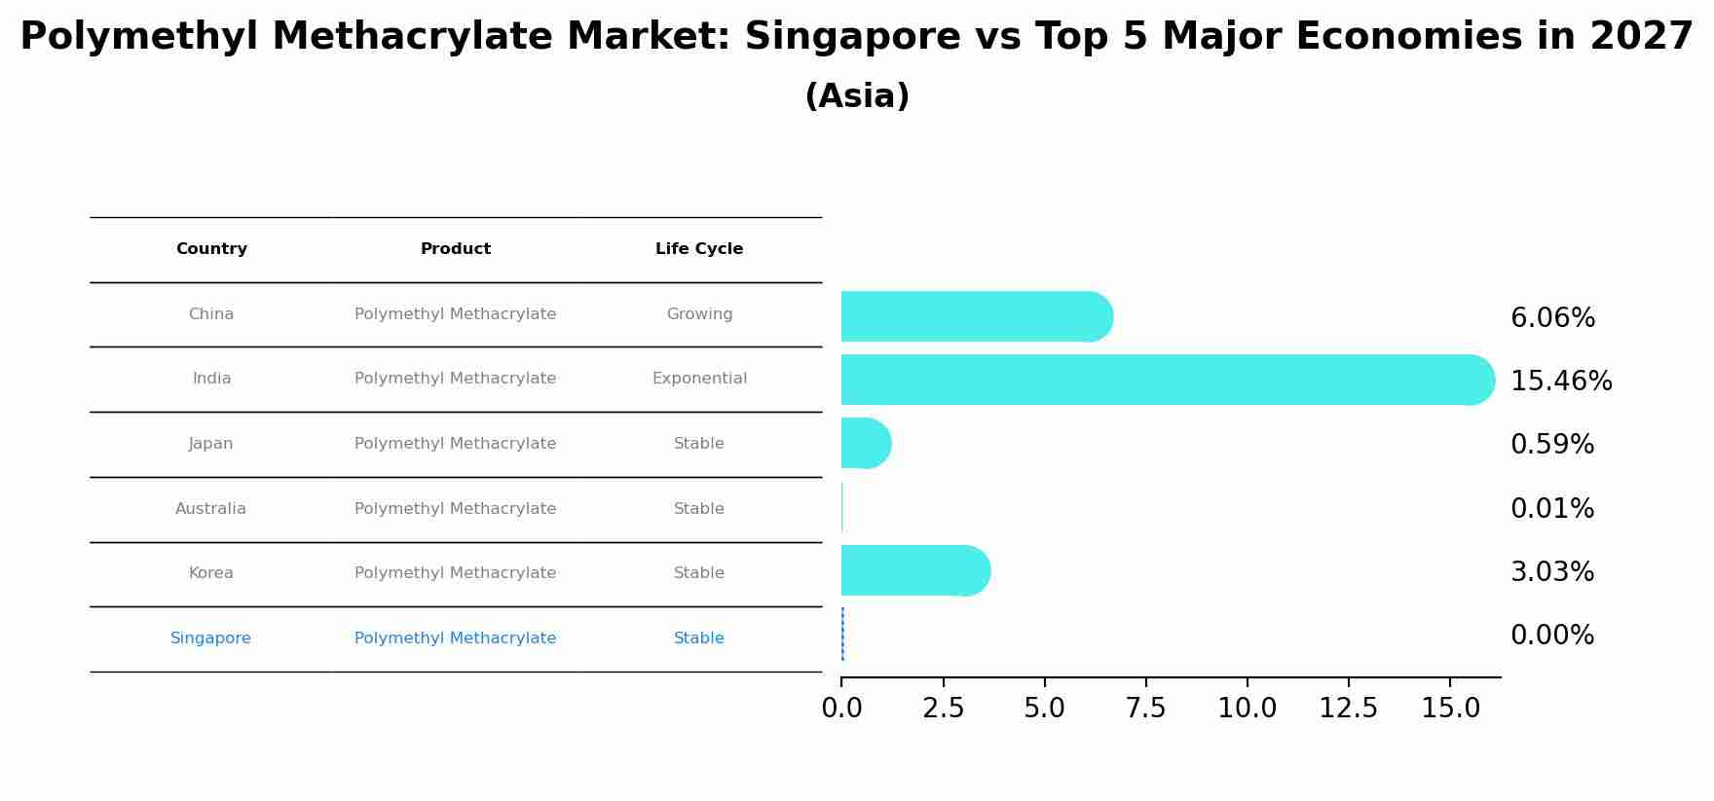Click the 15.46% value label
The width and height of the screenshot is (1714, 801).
coord(1560,382)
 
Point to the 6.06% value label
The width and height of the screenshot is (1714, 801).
coord(1551,318)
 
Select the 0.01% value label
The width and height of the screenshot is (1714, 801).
coord(1551,509)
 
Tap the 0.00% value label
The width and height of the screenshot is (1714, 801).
coord(1551,636)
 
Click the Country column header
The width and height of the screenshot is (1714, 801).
coord(211,249)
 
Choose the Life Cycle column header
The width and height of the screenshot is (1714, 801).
coord(698,249)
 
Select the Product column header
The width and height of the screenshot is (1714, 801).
coord(455,249)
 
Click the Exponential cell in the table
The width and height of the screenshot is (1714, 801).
coord(698,379)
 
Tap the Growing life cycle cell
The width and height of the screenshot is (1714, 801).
coord(698,314)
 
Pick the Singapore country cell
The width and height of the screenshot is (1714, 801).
coord(210,638)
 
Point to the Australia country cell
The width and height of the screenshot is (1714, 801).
coord(210,509)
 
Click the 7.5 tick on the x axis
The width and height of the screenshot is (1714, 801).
coord(1145,709)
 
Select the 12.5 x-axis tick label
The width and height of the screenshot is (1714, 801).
coord(1348,709)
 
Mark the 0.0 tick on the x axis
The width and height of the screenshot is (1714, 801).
coord(841,709)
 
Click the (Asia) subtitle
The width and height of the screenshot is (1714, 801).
coord(856,96)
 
